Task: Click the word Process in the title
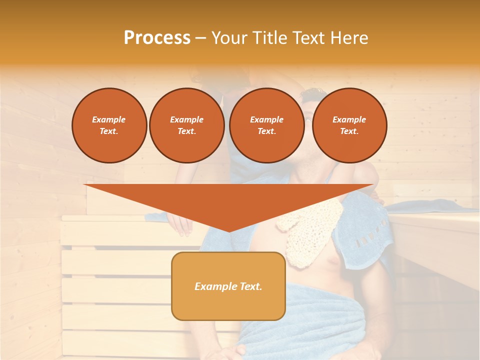point(157,38)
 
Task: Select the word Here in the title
point(348,38)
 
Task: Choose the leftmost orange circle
point(109,125)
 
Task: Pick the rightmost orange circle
point(349,125)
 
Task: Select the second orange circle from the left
point(186,125)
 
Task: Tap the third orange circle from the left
point(266,125)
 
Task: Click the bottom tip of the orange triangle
point(229,230)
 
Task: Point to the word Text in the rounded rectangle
point(250,286)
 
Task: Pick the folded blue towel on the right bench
point(430,205)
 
